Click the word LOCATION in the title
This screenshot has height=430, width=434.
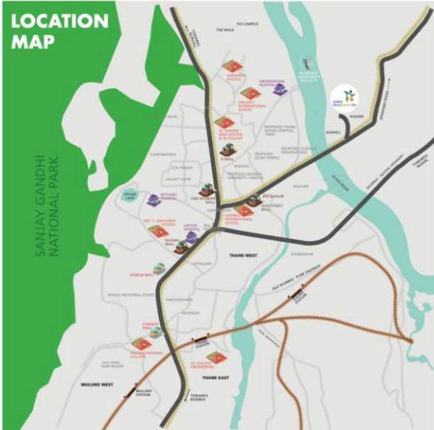[x=60, y=20]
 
